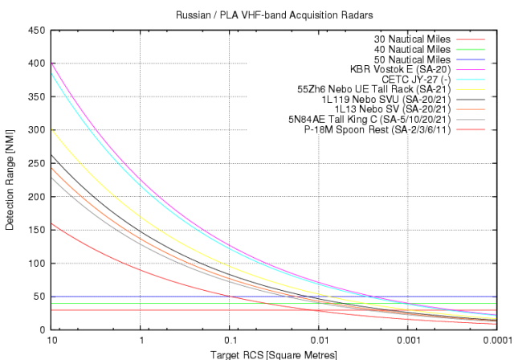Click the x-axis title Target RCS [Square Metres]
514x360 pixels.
[x=272, y=354]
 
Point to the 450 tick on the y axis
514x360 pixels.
[x=36, y=30]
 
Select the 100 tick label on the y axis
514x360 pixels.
[x=36, y=263]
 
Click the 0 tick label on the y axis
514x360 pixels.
[x=42, y=329]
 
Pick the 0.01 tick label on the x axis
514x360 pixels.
[x=319, y=340]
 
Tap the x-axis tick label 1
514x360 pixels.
[x=141, y=340]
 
